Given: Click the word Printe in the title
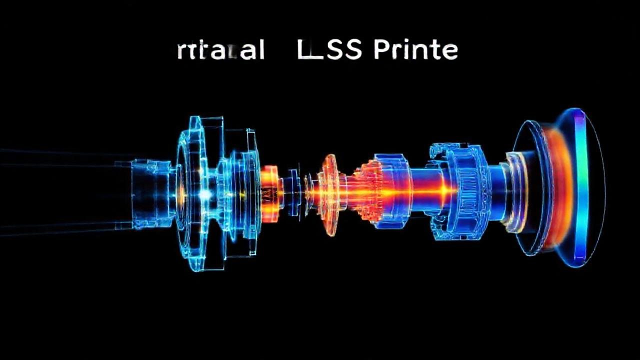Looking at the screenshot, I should [x=415, y=50].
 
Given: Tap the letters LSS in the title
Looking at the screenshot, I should [x=329, y=50].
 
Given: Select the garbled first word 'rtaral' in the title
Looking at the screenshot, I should [x=220, y=51].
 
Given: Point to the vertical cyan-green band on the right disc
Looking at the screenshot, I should [x=579, y=187].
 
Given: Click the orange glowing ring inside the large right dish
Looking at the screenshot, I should [x=552, y=187].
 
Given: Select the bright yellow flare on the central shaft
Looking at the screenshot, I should [x=430, y=191].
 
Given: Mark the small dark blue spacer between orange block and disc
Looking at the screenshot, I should [x=292, y=192].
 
